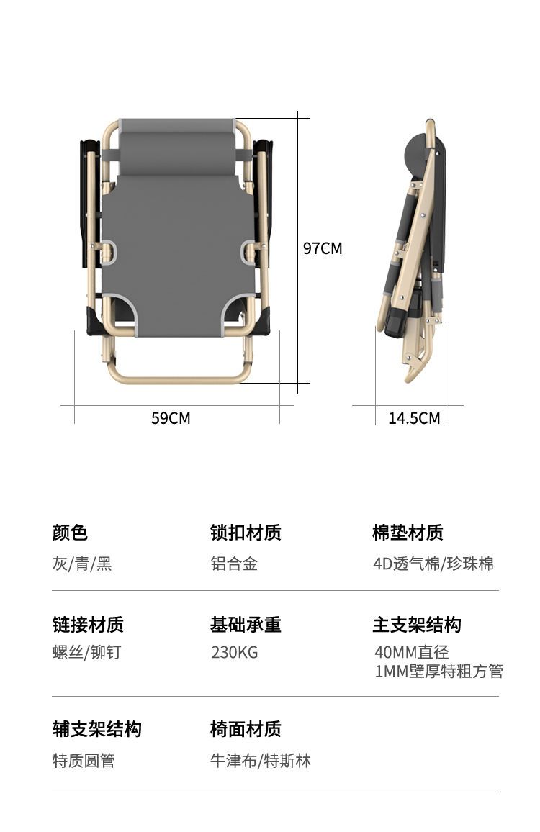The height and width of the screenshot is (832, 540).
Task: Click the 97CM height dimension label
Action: [x=323, y=248]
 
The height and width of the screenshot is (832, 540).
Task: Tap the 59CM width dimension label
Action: [x=171, y=418]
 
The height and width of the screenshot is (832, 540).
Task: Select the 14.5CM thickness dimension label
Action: [x=414, y=418]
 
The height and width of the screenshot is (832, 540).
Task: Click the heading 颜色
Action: [x=70, y=532]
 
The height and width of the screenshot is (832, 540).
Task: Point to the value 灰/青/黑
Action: [x=82, y=563]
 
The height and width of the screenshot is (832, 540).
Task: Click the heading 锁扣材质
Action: [x=246, y=532]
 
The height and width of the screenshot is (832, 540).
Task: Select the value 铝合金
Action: [x=234, y=563]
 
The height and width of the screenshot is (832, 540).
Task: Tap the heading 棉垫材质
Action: [x=408, y=532]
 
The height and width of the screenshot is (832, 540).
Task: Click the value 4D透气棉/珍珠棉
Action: [x=433, y=563]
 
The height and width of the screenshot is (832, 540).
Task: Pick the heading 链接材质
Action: [x=88, y=625]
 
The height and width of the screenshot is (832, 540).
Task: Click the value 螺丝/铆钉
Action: [x=86, y=651]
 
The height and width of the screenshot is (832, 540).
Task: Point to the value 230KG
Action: [x=234, y=651]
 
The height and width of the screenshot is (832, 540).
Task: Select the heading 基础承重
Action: [x=246, y=625]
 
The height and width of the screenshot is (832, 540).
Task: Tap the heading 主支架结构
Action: [x=417, y=625]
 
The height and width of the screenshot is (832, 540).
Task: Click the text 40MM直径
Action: [x=412, y=651]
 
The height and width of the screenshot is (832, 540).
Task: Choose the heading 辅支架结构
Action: [x=96, y=729]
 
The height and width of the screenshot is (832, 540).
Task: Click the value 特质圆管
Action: [x=84, y=760]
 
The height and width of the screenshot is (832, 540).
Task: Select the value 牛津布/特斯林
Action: [x=260, y=760]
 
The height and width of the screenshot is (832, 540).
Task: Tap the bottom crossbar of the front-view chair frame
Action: [x=179, y=379]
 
